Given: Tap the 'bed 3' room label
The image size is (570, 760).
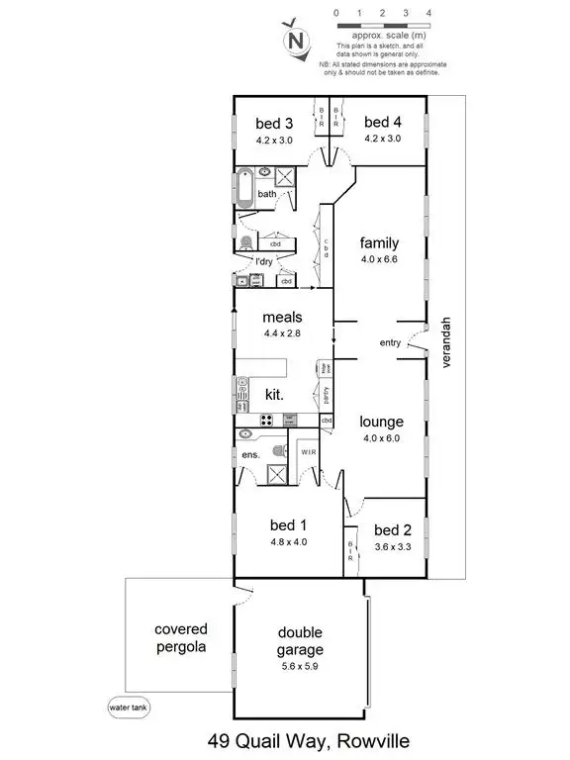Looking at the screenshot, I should [x=274, y=124].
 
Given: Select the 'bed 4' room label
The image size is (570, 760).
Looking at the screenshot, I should [x=382, y=123].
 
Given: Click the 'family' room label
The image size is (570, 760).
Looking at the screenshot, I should [x=379, y=242].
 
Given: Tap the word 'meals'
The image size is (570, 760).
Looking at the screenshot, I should [x=282, y=318].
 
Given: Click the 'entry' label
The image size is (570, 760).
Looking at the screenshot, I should [x=391, y=343].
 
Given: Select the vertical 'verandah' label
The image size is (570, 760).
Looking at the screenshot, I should [x=447, y=342].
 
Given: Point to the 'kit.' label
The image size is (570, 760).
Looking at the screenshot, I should [x=274, y=394].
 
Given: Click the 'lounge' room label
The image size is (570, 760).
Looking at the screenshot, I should [x=380, y=422].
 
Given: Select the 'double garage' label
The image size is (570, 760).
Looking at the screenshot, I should [x=300, y=641].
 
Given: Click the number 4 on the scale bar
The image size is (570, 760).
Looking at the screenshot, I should [x=428, y=12].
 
